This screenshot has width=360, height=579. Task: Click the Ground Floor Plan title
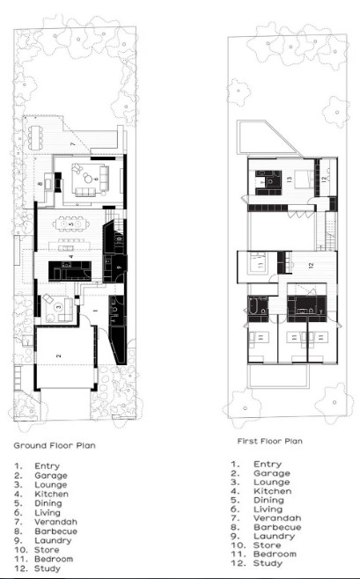[54, 445]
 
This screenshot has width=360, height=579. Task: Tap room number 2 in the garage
[58, 355]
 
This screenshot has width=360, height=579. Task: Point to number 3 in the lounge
[56, 306]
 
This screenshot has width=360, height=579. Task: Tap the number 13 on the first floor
[289, 178]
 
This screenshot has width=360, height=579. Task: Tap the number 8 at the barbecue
[40, 184]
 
